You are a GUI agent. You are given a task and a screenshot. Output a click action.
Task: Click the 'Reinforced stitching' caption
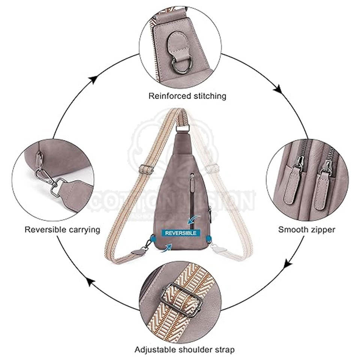coord(187,96)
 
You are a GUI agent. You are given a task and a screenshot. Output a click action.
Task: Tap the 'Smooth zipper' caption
coord(307,229)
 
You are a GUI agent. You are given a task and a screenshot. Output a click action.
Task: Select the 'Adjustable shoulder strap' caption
coord(185,350)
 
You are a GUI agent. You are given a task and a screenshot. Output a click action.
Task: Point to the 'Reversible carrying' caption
coord(62,229)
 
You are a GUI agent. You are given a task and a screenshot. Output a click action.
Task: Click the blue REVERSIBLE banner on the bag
coord(180,233)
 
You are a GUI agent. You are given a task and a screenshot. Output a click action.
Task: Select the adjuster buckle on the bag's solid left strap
coord(146,170)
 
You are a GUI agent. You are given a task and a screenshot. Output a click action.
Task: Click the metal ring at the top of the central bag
coord(183,129)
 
